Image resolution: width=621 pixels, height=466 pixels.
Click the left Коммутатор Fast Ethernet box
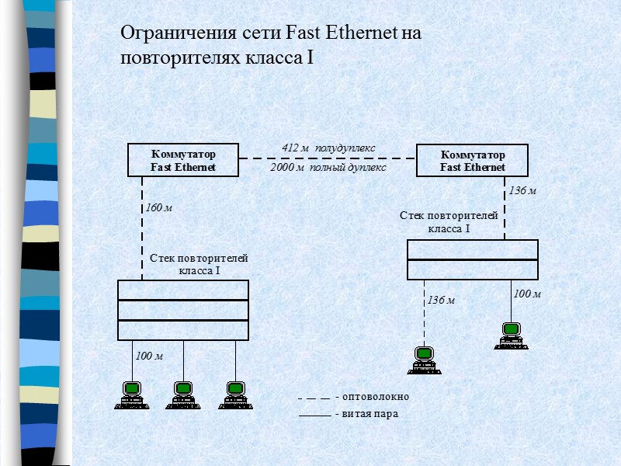[183, 160]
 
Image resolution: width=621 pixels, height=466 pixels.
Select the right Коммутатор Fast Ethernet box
[472, 160]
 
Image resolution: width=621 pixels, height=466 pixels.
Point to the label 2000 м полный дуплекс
[328, 167]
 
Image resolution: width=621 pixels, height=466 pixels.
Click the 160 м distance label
[158, 207]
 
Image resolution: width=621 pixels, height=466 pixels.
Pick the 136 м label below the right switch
[522, 190]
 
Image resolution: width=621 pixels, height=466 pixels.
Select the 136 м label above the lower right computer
[440, 300]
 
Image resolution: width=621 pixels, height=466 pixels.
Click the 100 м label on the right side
[526, 294]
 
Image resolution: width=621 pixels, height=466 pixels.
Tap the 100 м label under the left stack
[149, 356]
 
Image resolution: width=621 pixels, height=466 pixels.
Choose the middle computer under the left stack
[182, 395]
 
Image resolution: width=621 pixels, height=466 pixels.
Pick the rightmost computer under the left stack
[234, 395]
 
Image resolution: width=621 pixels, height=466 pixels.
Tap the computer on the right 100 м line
[510, 336]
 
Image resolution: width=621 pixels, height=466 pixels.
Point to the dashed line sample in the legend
[314, 398]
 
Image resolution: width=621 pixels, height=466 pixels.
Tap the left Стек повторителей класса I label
[199, 264]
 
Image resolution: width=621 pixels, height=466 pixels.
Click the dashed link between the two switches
[328, 158]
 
